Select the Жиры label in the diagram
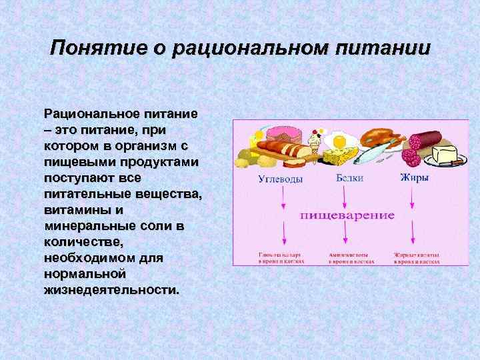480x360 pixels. coord(413,178)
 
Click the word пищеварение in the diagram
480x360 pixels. coord(347,215)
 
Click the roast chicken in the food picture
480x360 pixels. coord(380,137)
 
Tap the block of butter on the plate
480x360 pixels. coord(444,154)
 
